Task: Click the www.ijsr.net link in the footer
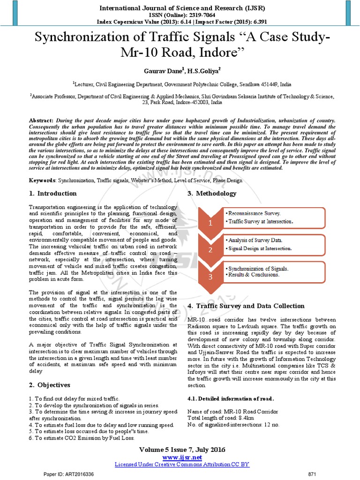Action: pos(182,457)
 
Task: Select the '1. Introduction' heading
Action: pos(53,194)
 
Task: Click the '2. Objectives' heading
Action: pos(50,385)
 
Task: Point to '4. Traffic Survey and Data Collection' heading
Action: pos(246,306)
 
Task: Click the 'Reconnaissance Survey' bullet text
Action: pos(253,213)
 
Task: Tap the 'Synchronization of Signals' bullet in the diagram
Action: pos(257,269)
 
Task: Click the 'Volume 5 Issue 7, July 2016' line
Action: pos(182,450)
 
